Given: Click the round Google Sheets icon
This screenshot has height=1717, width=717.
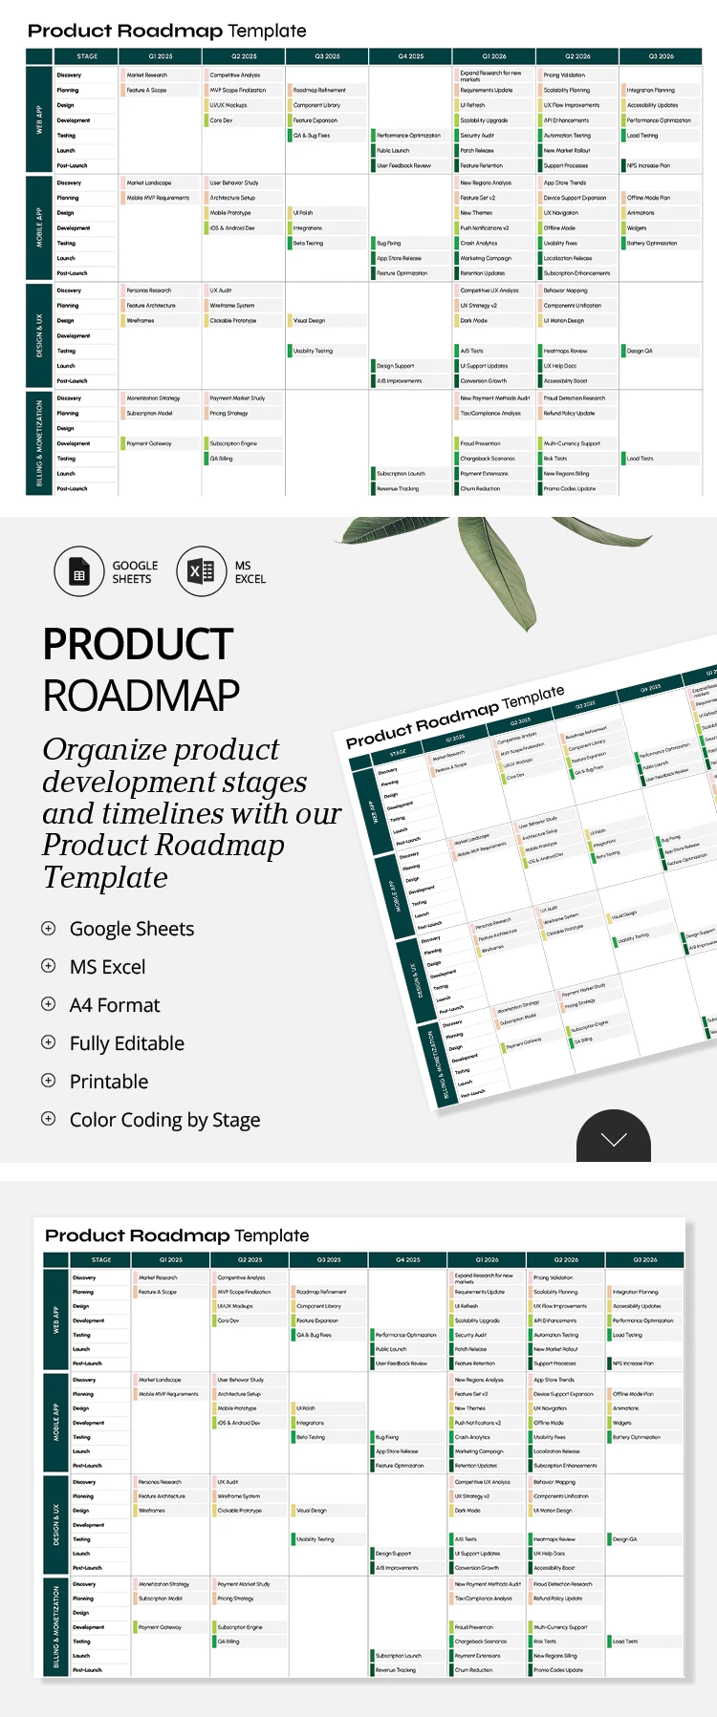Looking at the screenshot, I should point(79,572).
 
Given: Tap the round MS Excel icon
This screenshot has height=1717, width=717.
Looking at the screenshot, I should point(201,572).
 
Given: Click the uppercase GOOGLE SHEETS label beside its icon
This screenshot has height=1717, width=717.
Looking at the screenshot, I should point(135,572).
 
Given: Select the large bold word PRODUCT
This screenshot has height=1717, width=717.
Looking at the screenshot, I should point(138,644).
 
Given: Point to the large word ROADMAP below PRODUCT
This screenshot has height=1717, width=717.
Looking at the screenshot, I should point(141,695).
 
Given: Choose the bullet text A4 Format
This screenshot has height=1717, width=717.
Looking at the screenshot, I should point(115,1005).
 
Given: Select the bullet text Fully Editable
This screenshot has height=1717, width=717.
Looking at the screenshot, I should point(127,1043).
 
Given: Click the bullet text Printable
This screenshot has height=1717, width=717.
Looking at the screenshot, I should point(109,1082).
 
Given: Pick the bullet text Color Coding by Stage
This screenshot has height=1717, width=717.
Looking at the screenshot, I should point(164,1120).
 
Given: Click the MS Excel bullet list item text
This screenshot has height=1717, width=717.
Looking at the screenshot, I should point(108,967).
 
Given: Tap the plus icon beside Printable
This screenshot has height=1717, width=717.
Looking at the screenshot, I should point(49,1081).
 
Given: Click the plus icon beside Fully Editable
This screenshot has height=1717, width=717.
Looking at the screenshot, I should point(49,1042).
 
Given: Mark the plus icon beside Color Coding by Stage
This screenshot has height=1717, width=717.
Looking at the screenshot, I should point(49,1119).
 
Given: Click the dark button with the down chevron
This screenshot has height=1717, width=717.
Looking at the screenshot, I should point(614,1138).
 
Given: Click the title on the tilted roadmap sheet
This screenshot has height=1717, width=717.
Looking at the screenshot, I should point(455,716).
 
